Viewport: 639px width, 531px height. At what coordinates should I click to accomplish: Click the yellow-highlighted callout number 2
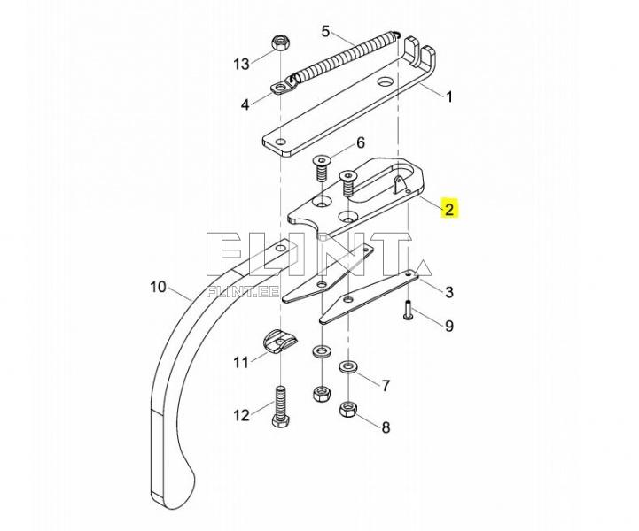click(x=448, y=209)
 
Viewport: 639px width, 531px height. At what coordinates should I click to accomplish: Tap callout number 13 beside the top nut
click(x=241, y=64)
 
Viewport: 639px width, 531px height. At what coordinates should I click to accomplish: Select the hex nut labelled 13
click(x=279, y=42)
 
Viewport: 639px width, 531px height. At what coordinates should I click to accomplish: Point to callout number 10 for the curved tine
click(x=159, y=287)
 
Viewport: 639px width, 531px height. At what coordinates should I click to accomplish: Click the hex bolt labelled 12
click(x=279, y=406)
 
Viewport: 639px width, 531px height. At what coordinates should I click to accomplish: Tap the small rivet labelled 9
click(x=408, y=310)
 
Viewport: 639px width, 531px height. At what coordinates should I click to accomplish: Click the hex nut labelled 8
click(x=347, y=409)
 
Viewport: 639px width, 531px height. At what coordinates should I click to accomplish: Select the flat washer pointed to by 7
click(x=347, y=366)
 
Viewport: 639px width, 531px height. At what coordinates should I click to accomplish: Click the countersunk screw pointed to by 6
click(x=323, y=169)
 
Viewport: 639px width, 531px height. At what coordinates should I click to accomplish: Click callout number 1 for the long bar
click(x=449, y=96)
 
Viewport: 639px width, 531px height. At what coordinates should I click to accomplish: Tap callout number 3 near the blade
click(x=448, y=292)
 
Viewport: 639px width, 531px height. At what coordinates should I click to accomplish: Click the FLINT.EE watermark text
click(x=243, y=291)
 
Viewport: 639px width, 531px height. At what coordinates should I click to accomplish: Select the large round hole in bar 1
click(x=385, y=81)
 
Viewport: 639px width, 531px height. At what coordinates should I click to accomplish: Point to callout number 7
click(x=386, y=385)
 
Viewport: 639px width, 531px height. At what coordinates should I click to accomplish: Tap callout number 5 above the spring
click(x=325, y=31)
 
